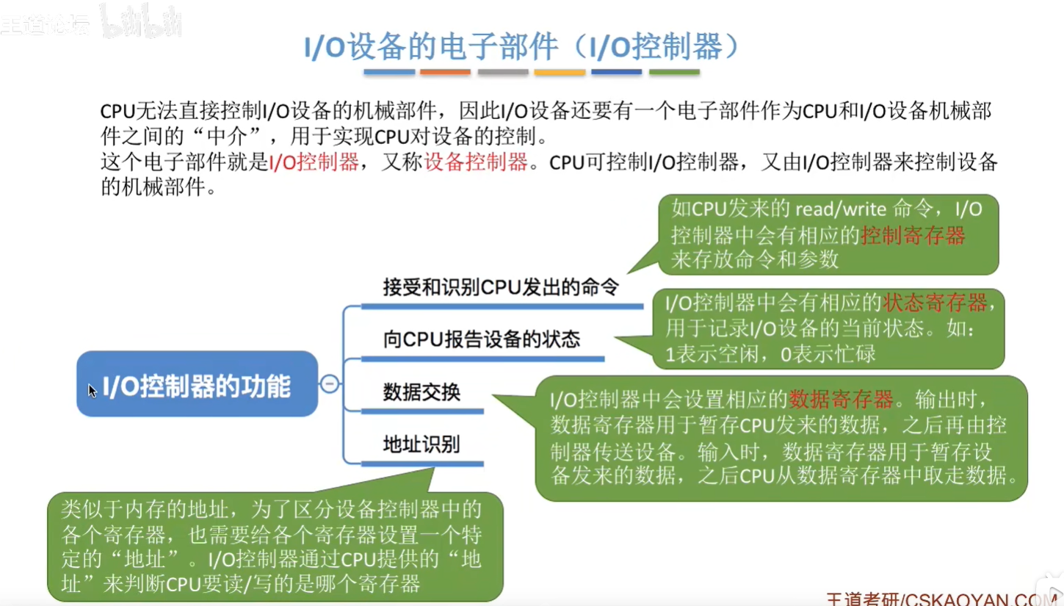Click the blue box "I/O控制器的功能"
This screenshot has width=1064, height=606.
[x=197, y=384]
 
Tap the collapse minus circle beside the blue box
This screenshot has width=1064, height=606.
[x=330, y=383]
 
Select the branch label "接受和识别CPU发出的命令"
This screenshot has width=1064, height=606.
[x=500, y=286]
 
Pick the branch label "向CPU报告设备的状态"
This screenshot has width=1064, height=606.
[x=481, y=339]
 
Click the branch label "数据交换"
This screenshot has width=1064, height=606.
[x=421, y=392]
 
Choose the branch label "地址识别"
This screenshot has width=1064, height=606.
[x=421, y=444]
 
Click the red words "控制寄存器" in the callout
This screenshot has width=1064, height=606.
[x=913, y=234]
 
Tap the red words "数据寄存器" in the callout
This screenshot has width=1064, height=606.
[x=841, y=400]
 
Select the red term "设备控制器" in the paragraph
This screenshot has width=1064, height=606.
[x=476, y=162]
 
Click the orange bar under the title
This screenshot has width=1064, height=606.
[x=445, y=72]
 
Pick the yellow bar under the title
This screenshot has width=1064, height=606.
[x=560, y=72]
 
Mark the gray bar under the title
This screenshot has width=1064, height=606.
[x=503, y=72]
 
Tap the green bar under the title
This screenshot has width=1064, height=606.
[x=674, y=72]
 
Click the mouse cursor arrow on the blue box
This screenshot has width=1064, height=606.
[x=93, y=391]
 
